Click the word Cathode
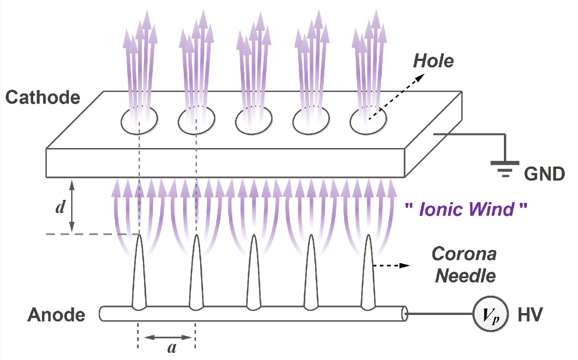click(x=43, y=98)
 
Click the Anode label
click(x=56, y=315)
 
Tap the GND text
click(x=544, y=174)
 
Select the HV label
click(x=530, y=315)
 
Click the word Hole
click(x=433, y=61)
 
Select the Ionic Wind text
click(x=466, y=209)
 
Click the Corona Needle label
click(x=465, y=265)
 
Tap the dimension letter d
click(x=60, y=207)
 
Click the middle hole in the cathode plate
click(x=253, y=121)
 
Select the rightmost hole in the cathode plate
click(x=368, y=121)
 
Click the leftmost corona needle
click(x=139, y=276)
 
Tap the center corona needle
click(x=253, y=276)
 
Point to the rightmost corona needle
click(x=368, y=276)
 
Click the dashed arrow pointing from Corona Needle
click(x=391, y=266)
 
